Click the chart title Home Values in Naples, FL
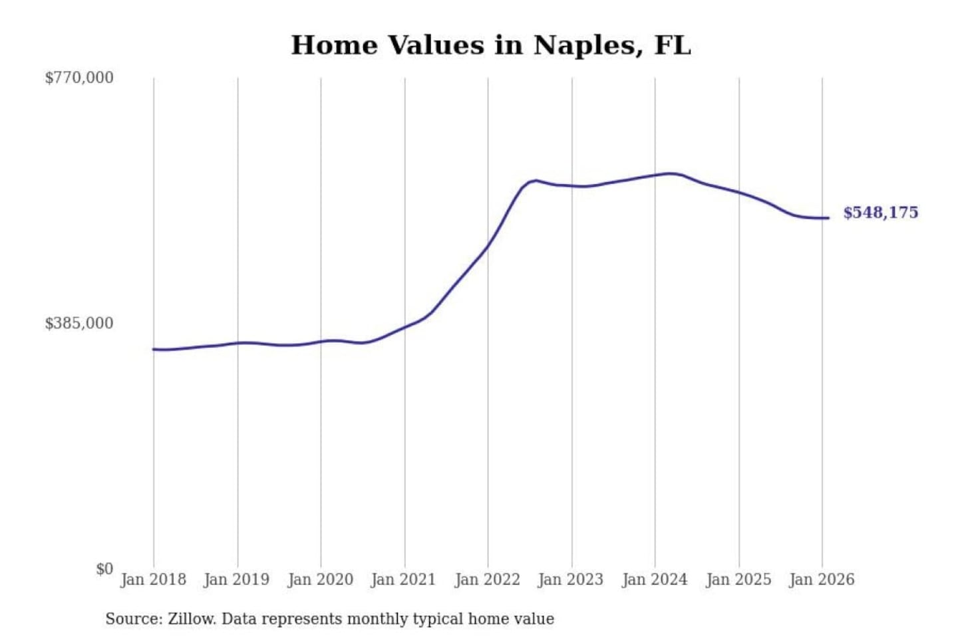(x=491, y=45)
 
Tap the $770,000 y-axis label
(x=79, y=78)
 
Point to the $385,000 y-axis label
(x=79, y=324)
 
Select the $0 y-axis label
(x=104, y=569)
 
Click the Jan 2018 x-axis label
(x=153, y=580)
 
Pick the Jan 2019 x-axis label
(x=237, y=580)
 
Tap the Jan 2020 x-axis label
(x=320, y=580)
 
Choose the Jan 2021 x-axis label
(x=403, y=580)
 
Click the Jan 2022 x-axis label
(x=487, y=580)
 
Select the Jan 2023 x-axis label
(x=570, y=580)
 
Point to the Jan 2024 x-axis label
(x=654, y=580)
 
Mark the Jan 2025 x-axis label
(x=738, y=580)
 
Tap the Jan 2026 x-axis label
(x=821, y=580)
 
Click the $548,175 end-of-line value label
(x=880, y=213)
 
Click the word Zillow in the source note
(x=192, y=619)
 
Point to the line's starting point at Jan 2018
(x=154, y=349)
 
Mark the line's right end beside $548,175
(x=828, y=218)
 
